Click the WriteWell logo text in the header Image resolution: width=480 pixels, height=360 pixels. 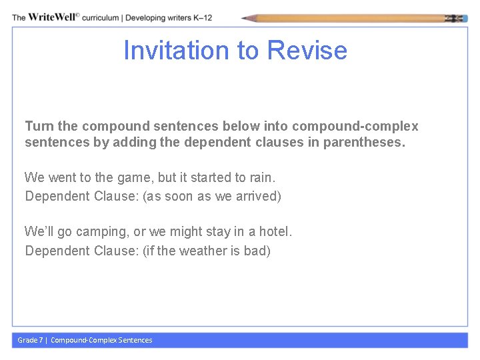coord(51,17)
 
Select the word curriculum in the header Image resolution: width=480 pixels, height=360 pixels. coord(101,17)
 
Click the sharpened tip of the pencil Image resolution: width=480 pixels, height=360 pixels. coord(246,19)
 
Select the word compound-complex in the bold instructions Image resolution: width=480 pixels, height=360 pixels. coord(355,126)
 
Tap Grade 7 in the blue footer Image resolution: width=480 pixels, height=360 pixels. coord(29,340)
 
